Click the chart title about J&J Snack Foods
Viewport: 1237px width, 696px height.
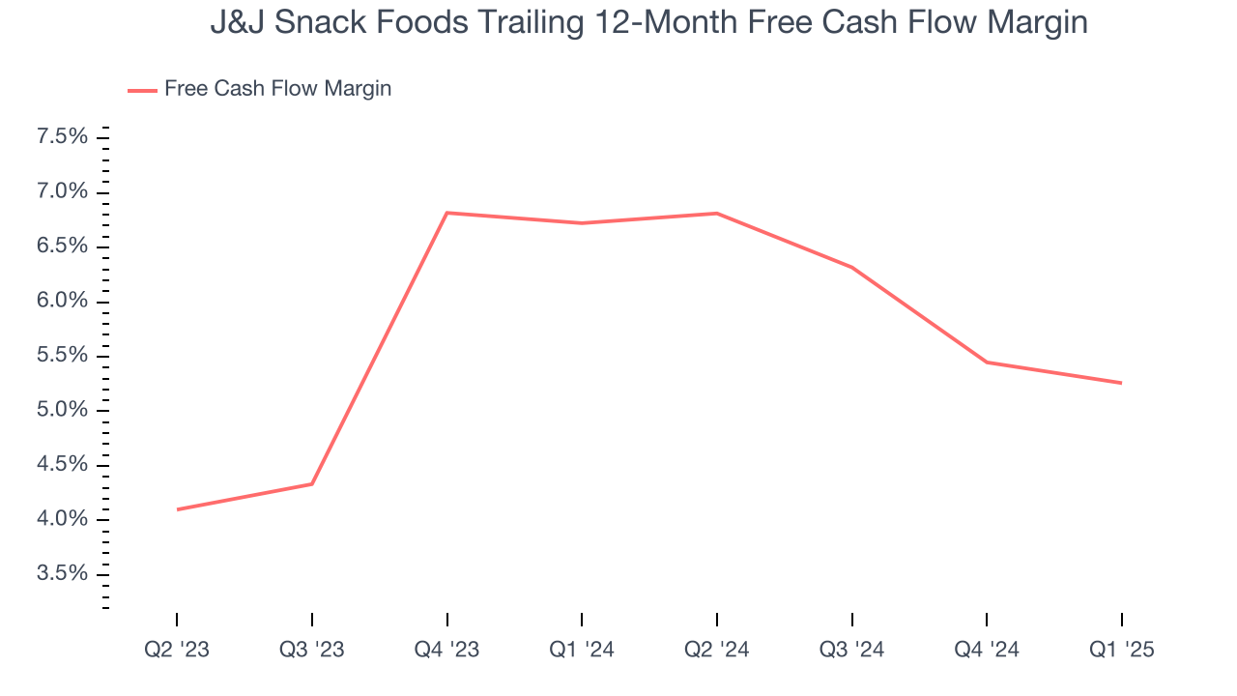coord(648,22)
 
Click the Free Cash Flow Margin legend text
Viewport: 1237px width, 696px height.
coord(277,89)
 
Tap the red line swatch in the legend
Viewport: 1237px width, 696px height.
coord(142,91)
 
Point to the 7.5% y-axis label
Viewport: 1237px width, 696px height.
coord(62,137)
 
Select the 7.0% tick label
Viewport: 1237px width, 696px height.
coord(62,192)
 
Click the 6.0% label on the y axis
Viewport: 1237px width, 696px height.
coord(62,302)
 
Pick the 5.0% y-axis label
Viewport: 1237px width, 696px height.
coord(62,411)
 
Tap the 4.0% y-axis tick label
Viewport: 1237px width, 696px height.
coord(62,520)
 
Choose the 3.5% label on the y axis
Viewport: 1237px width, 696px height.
coord(62,574)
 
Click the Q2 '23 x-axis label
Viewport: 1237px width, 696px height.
coord(176,651)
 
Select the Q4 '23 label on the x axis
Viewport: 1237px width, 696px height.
coord(446,651)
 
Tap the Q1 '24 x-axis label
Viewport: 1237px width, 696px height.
coord(582,651)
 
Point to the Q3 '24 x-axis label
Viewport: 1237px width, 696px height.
coord(851,651)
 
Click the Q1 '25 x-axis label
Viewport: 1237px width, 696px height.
coord(1121,651)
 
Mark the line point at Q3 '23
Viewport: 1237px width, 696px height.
coord(312,483)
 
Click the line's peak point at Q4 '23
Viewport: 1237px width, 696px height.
coord(446,213)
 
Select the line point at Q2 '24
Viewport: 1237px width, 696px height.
coord(716,214)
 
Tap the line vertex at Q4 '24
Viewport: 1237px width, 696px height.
coord(987,362)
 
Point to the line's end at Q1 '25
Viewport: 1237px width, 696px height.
coord(1121,383)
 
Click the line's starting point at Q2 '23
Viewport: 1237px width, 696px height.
coord(178,509)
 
